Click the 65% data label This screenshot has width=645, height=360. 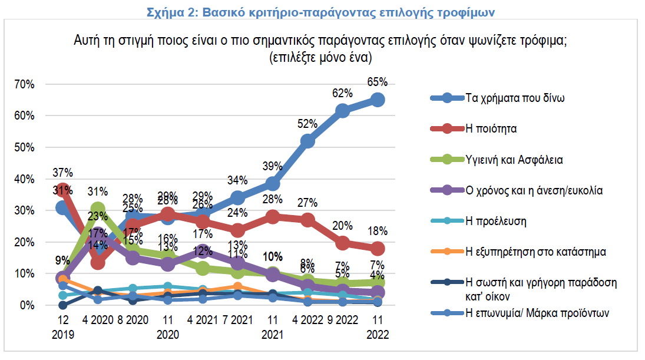point(378,81)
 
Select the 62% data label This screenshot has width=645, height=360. point(342,93)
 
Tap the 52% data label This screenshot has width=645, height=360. point(307,124)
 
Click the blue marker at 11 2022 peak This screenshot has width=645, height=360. point(378,100)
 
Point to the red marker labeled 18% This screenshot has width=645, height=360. point(378,249)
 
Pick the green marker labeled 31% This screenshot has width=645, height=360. point(98,209)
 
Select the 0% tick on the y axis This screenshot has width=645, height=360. point(27,305)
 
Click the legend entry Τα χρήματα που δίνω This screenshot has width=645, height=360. point(515,98)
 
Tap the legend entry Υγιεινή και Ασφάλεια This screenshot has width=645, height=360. point(511,160)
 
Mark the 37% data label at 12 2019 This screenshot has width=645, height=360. point(62,173)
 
